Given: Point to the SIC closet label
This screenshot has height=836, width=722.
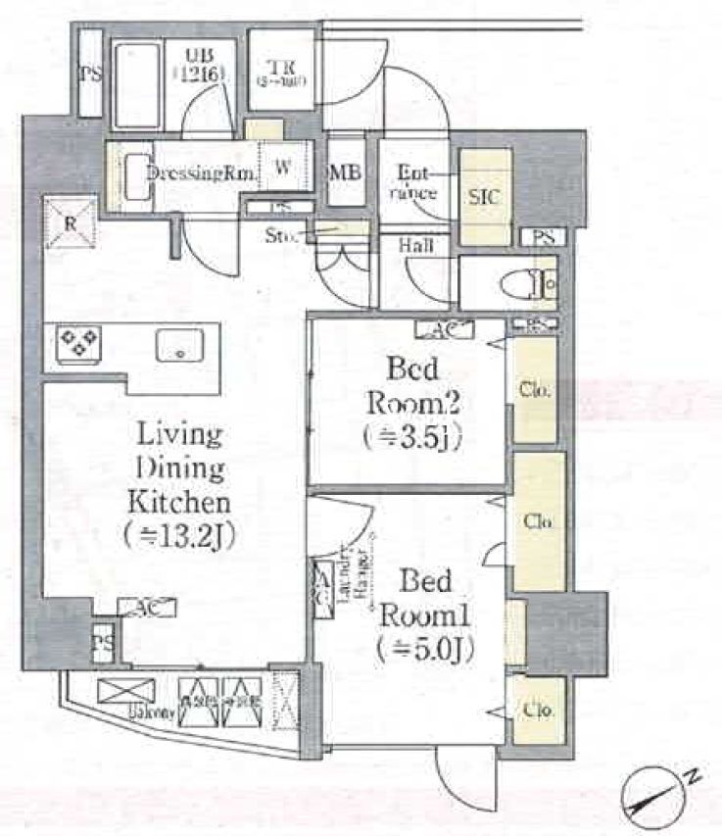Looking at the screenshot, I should click(x=484, y=197).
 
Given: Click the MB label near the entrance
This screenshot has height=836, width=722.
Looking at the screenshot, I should click(x=346, y=172).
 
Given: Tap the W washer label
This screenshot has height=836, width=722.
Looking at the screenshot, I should click(x=282, y=168).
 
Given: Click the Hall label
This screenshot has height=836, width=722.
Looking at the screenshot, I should click(x=416, y=246).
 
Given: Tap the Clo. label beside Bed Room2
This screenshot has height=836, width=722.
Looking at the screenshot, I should click(x=535, y=390).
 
